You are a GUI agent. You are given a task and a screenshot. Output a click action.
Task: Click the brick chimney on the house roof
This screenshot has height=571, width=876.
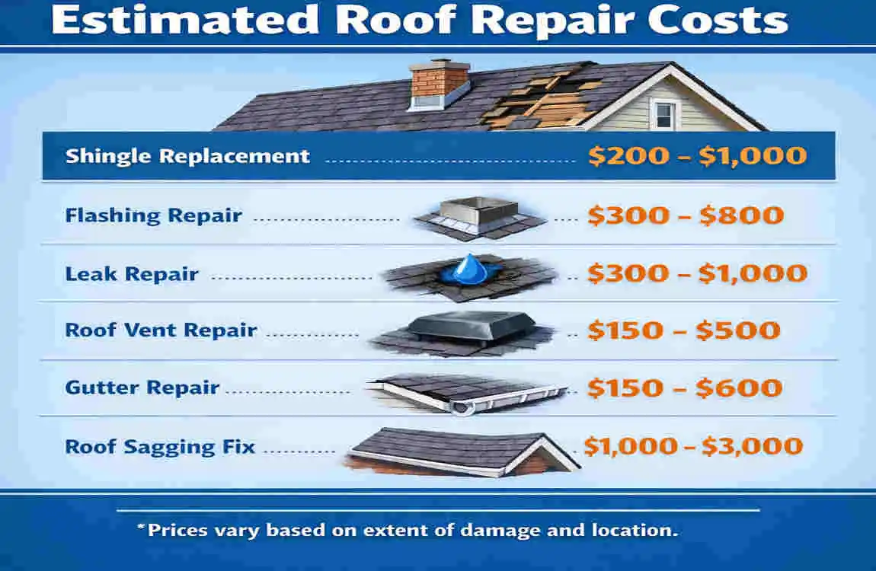coord(439,85)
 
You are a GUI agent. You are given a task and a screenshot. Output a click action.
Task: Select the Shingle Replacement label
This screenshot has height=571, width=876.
coord(187,156)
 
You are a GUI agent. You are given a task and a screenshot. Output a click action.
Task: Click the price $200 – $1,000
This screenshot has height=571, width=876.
coord(697,156)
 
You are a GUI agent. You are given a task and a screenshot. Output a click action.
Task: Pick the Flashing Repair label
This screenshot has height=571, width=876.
coord(154,216)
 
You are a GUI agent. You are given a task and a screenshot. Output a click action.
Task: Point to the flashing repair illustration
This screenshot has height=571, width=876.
coord(479,218)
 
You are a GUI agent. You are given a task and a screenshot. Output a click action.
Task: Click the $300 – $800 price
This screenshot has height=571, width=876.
coord(686,215)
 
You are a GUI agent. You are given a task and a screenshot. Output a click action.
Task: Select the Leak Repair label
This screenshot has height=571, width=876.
coord(132,274)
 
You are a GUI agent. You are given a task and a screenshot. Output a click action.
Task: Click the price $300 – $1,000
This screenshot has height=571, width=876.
coord(697,273)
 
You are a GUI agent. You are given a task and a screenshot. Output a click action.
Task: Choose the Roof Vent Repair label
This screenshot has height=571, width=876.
coord(161,330)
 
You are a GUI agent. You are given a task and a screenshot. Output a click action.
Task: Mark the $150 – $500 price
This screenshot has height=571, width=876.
coord(684,330)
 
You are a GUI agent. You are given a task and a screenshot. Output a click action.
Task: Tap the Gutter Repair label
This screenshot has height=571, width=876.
coord(142,388)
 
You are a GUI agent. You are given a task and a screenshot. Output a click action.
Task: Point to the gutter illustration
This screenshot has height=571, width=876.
coord(467,393)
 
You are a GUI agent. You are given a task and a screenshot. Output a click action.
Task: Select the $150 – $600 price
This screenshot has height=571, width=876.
coord(684,388)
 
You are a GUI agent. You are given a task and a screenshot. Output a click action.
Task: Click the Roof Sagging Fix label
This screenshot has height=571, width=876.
coord(160,447)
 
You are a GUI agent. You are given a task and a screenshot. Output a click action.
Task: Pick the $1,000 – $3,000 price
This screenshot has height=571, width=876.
coord(693,446)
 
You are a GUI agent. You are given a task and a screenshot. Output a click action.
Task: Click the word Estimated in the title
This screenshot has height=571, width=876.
coord(185,20)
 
